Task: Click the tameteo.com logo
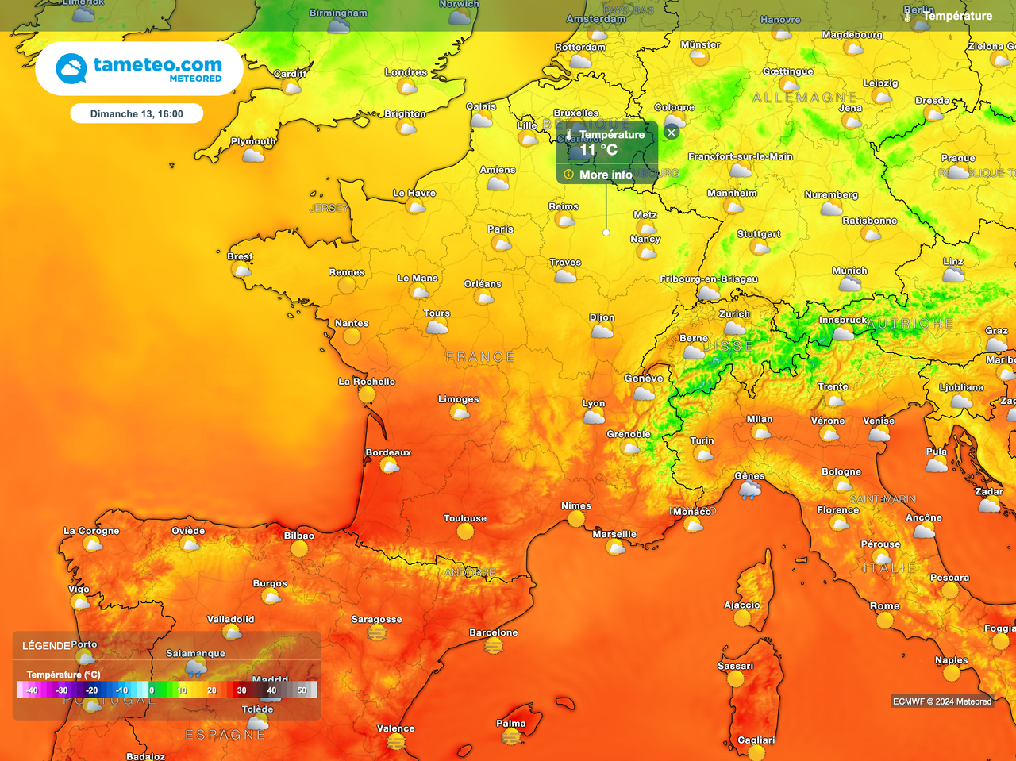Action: (139, 69)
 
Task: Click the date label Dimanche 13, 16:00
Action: (137, 114)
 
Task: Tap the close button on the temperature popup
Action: (672, 133)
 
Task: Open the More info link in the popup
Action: (605, 175)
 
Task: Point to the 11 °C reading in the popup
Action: (598, 150)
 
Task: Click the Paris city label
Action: (500, 229)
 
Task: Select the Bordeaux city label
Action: (388, 452)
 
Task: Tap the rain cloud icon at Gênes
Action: (749, 490)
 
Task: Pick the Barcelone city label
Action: (493, 632)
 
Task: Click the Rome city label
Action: (884, 606)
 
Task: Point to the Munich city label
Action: (849, 271)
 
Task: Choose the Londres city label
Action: (406, 72)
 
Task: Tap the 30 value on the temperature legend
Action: (241, 690)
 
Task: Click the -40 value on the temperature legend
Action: (32, 690)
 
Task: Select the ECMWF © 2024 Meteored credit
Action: (942, 701)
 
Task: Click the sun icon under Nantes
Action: (352, 337)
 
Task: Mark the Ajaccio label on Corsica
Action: (742, 605)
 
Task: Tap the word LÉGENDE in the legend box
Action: (46, 646)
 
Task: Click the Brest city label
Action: (240, 256)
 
